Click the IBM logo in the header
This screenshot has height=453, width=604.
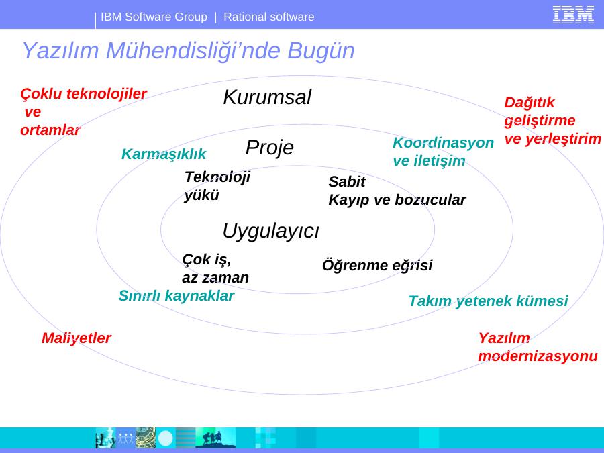(x=573, y=15)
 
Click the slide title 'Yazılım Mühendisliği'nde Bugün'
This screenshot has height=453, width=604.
(x=189, y=50)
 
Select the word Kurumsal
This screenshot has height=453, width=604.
(x=267, y=97)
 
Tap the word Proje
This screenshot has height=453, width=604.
(x=270, y=148)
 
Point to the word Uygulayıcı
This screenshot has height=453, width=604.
(x=271, y=231)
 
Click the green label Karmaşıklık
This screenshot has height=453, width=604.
(x=164, y=154)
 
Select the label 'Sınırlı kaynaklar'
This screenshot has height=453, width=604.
(x=177, y=296)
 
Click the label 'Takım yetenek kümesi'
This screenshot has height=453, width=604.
(x=489, y=301)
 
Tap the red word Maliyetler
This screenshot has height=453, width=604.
(x=77, y=338)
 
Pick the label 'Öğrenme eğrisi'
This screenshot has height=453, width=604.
(x=377, y=265)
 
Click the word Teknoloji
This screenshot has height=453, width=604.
(x=217, y=177)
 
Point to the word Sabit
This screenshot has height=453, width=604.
(x=347, y=181)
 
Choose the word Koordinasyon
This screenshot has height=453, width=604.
(x=444, y=142)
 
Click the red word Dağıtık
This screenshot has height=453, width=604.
(x=530, y=103)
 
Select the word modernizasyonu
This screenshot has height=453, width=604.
(x=538, y=356)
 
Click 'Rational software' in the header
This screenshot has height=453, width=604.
(x=269, y=17)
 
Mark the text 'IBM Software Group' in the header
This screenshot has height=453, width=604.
(x=154, y=17)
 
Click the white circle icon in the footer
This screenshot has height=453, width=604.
(x=166, y=438)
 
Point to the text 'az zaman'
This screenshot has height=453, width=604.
(x=215, y=277)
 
